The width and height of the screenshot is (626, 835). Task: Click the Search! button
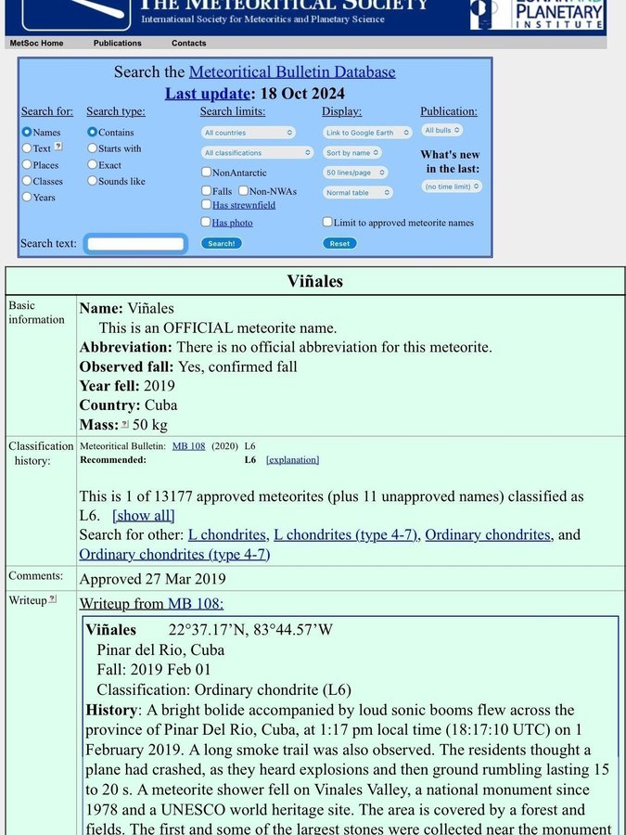pos(221,243)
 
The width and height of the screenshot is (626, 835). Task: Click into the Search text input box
pos(135,244)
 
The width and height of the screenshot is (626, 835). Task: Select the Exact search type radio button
pos(93,164)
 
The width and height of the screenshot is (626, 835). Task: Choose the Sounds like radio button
pos(93,181)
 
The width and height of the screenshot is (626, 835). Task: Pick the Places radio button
pos(27,164)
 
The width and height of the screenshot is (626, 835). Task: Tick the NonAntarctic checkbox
pos(206,172)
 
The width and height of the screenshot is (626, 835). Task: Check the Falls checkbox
pos(206,190)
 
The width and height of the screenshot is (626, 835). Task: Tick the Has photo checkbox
pos(206,222)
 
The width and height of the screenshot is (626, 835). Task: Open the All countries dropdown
pos(249,133)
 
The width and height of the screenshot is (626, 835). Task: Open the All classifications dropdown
pos(258,152)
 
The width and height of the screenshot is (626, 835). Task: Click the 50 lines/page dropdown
pos(355,173)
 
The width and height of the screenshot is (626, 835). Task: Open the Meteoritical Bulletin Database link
pos(292,71)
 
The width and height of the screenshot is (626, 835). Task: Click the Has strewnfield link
pos(244,205)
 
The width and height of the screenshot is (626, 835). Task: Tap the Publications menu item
pos(118,43)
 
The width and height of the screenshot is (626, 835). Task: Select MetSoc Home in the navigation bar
pos(36,43)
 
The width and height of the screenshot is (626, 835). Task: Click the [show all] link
pos(143,515)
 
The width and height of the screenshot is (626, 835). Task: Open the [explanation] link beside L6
pos(292,459)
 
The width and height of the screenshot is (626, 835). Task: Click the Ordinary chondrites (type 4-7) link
pos(174,554)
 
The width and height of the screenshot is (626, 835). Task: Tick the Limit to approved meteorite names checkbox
pos(327,222)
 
